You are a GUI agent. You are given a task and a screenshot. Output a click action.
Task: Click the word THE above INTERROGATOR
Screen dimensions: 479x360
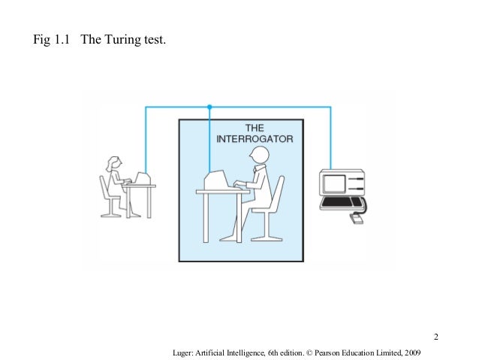255,129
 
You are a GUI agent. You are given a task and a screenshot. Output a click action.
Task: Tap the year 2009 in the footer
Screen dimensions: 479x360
412,352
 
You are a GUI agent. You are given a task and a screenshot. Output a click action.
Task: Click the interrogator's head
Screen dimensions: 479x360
260,153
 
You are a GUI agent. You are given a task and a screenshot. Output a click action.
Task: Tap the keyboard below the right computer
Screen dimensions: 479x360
342,202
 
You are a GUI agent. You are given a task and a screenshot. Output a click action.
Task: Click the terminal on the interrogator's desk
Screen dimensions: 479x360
217,180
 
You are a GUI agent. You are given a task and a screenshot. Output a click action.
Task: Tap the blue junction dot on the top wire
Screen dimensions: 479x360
209,107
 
